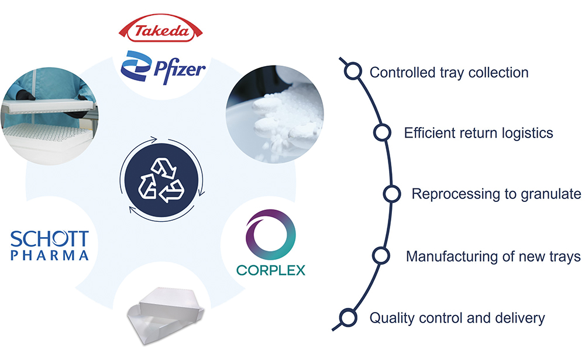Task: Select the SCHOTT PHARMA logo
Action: (50, 245)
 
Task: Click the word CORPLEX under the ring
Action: (270, 270)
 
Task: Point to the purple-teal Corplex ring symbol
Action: (271, 235)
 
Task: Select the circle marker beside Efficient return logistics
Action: (381, 132)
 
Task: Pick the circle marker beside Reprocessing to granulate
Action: (391, 193)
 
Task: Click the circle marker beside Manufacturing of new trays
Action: (381, 256)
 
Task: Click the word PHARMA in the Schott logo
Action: (50, 255)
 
